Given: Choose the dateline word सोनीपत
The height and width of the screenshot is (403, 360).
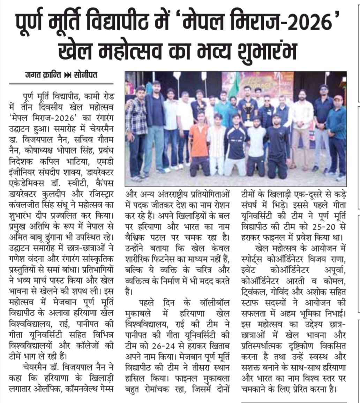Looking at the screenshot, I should pos(85,75).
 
